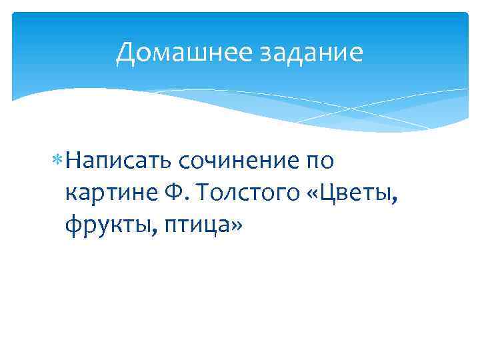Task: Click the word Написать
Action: (x=115, y=161)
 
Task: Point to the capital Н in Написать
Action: (x=73, y=161)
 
